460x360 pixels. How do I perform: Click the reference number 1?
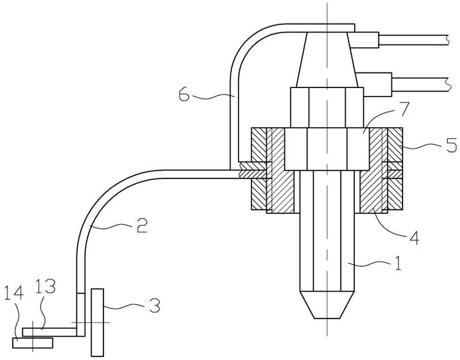[x=397, y=263]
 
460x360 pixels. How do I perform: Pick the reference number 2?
[x=142, y=225]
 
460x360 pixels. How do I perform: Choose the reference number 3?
[x=155, y=305]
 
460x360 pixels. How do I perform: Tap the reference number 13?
[x=45, y=286]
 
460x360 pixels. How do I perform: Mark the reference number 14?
[x=14, y=293]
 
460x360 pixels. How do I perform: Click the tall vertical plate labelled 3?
[x=97, y=323]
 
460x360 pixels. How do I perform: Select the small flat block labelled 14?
[x=33, y=343]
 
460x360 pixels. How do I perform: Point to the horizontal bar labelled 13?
[x=49, y=332]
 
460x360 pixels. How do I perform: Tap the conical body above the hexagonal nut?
[x=327, y=60]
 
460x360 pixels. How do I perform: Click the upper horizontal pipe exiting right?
[x=413, y=40]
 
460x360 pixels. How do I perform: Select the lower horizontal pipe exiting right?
[x=420, y=83]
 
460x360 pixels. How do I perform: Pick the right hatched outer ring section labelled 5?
[x=395, y=168]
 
